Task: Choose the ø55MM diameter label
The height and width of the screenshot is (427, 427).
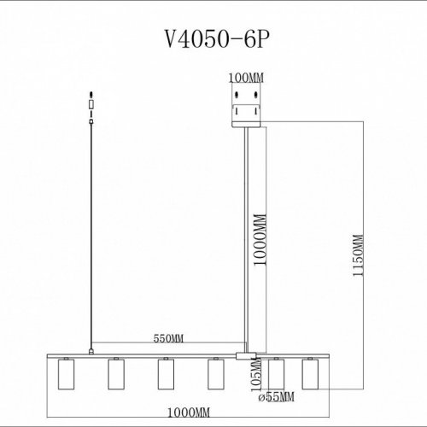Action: [278, 396]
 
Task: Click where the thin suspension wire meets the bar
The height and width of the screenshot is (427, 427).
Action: [91, 350]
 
